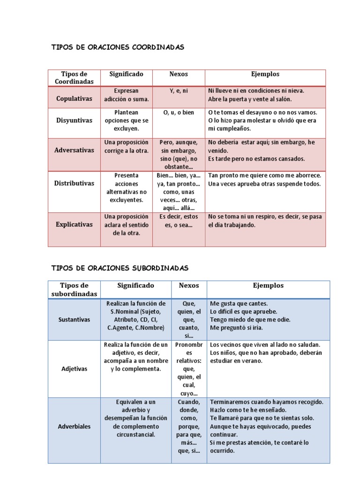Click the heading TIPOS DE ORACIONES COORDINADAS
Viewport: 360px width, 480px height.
[118, 47]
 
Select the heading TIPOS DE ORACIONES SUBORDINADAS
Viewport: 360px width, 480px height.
[120, 268]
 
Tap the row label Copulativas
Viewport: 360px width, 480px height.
[74, 99]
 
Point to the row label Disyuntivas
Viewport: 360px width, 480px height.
[74, 120]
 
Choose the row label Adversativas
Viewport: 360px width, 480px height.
[74, 150]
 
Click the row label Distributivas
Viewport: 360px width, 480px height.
[74, 183]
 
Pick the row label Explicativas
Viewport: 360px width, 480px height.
[74, 225]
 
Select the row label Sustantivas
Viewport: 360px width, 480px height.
[74, 319]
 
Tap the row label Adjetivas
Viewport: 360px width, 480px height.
[74, 368]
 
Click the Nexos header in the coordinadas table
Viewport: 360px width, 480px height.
[178, 74]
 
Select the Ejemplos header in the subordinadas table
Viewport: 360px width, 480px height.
[268, 285]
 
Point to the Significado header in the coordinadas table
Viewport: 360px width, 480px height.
[126, 74]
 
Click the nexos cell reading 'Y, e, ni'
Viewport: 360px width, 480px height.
[178, 90]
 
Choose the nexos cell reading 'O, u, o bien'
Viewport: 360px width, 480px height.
[178, 112]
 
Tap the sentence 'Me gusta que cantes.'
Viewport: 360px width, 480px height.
[239, 303]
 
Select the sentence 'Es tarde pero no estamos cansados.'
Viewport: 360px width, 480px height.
[256, 159]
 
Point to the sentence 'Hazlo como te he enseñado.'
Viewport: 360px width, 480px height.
[249, 410]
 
